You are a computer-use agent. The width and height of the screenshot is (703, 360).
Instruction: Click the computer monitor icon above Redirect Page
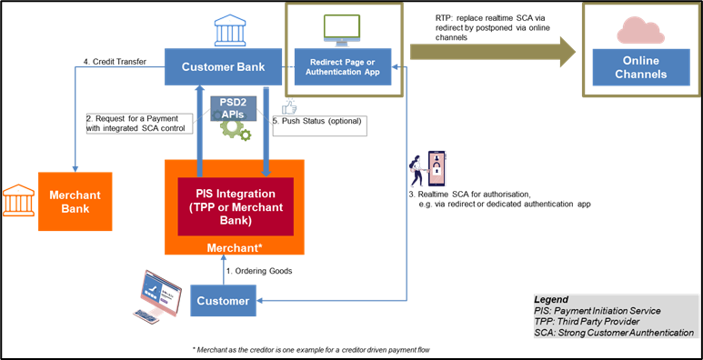click(341, 30)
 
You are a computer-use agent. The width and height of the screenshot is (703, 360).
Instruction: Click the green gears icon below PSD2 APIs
click(236, 130)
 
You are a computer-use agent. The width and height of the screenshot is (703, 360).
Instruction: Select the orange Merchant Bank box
click(75, 202)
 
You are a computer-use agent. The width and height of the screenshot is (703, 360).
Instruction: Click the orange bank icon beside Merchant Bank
click(18, 199)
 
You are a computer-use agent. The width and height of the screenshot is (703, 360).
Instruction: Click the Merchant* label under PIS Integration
click(235, 246)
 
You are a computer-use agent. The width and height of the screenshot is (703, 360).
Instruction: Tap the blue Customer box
click(223, 301)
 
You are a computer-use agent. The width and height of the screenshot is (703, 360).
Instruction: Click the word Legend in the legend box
click(551, 299)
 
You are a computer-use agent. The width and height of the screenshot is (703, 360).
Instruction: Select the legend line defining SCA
click(614, 333)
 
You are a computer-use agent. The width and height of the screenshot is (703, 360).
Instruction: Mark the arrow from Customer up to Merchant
click(223, 270)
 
